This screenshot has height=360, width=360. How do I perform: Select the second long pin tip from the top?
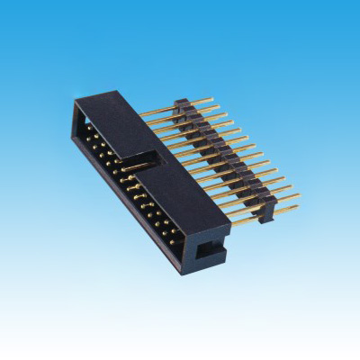(219, 107)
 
